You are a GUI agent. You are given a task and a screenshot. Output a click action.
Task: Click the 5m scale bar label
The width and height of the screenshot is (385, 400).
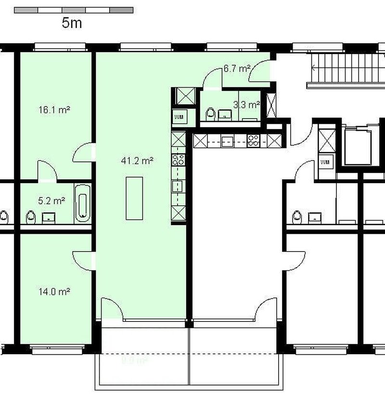pyautogui.click(x=72, y=23)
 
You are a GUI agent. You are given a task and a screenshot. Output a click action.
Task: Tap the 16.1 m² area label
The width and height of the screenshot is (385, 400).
pyautogui.click(x=54, y=110)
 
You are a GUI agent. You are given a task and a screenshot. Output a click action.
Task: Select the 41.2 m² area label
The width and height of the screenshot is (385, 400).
pyautogui.click(x=137, y=161)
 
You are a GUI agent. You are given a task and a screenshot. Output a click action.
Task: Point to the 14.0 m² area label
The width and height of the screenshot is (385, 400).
pyautogui.click(x=54, y=291)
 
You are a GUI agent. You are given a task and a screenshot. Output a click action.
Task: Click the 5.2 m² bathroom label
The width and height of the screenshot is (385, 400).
pyautogui.click(x=52, y=200)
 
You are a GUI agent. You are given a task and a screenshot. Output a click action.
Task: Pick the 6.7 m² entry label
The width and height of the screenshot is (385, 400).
pyautogui.click(x=236, y=68)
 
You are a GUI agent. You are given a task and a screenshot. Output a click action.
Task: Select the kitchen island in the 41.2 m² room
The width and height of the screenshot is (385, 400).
pyautogui.click(x=134, y=198)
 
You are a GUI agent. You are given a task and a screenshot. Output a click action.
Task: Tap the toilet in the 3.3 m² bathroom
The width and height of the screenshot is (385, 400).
pyautogui.click(x=210, y=114)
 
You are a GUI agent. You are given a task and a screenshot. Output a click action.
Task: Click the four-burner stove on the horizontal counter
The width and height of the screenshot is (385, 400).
pyautogui.click(x=253, y=141)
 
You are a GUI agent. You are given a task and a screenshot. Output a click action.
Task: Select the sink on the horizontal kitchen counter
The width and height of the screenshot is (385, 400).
pyautogui.click(x=227, y=141)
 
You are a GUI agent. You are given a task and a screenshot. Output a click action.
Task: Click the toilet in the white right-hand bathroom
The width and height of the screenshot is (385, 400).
pyautogui.click(x=296, y=216)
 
